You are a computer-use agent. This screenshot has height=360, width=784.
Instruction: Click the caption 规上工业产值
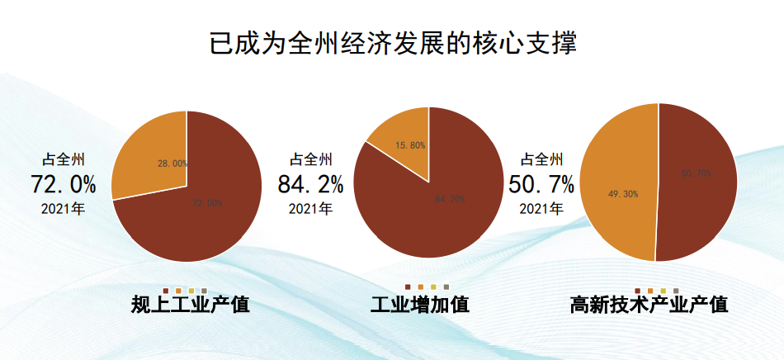click(x=191, y=305)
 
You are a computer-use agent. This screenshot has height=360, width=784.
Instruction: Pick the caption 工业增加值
click(x=420, y=305)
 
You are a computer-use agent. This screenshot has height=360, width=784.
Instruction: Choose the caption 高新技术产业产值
click(x=649, y=305)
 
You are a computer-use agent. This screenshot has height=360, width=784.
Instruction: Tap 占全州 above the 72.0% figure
click(x=64, y=159)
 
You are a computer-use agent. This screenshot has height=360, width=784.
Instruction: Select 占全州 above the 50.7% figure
click(x=541, y=159)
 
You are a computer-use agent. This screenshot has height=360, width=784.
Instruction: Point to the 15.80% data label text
click(x=410, y=145)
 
